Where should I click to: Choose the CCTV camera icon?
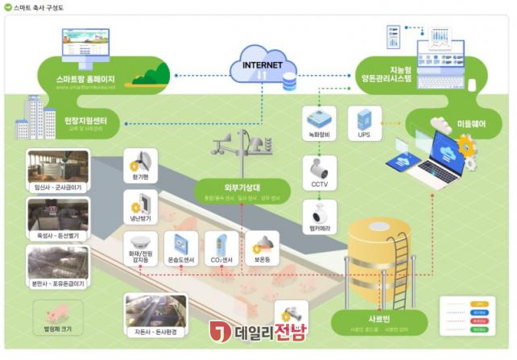pos(317,172)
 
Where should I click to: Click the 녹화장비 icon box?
pos(316,118)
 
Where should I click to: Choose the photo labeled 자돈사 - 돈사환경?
pos(152,311)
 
